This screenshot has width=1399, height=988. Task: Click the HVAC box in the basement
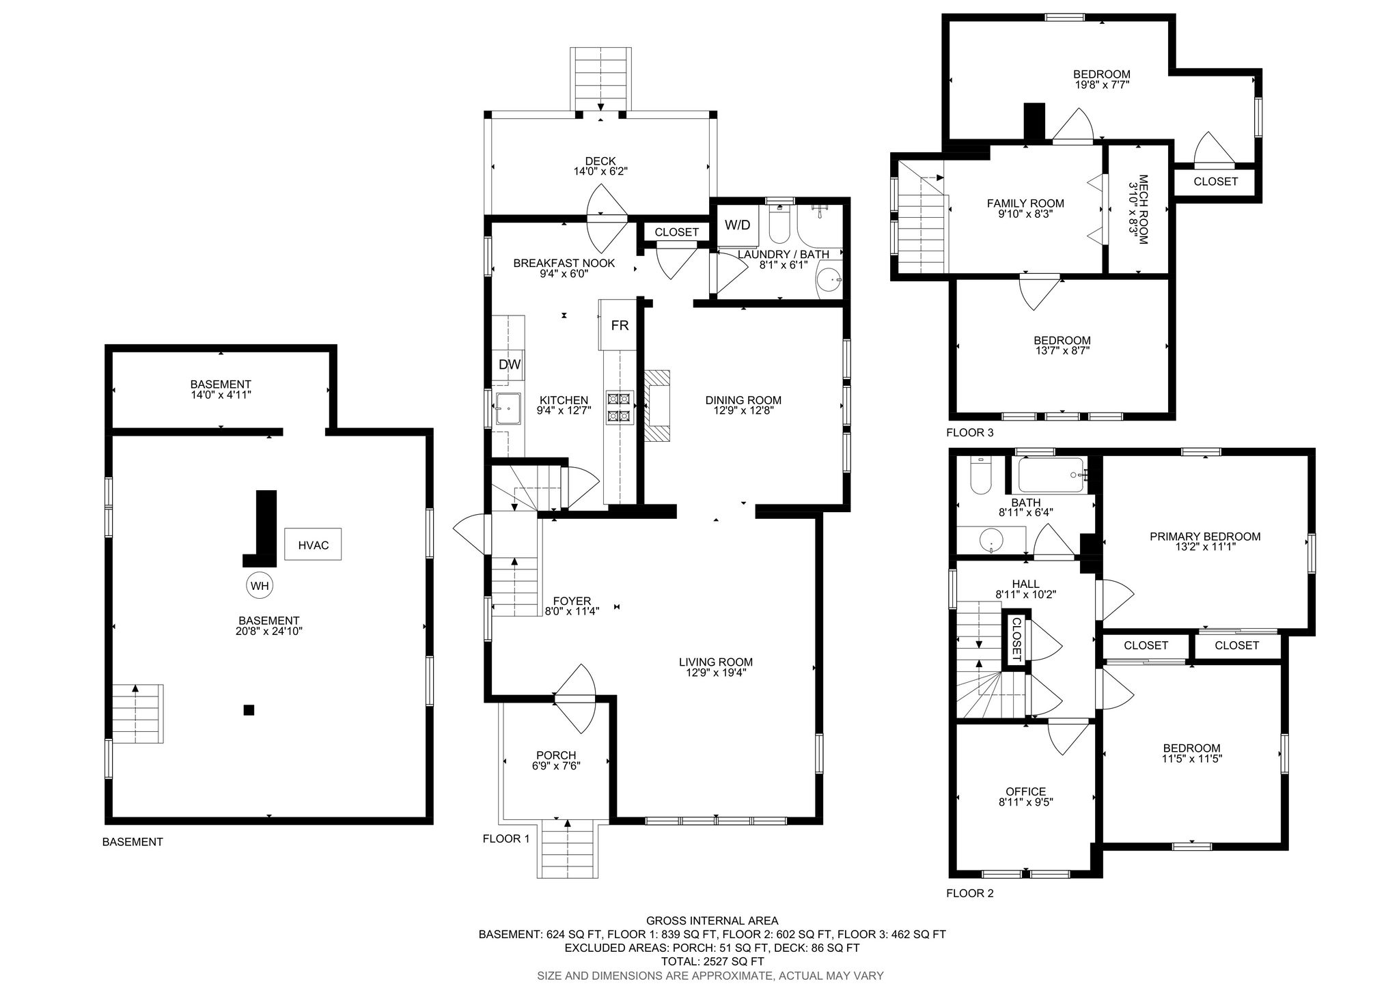click(313, 545)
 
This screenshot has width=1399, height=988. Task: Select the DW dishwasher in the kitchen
click(509, 365)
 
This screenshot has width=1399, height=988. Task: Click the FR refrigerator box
click(619, 325)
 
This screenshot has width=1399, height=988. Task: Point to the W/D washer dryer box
click(737, 225)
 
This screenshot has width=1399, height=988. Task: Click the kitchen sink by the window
click(508, 409)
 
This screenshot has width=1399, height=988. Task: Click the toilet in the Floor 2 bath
click(980, 476)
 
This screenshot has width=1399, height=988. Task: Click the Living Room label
click(716, 662)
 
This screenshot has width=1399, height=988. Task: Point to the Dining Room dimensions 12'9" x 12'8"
click(743, 411)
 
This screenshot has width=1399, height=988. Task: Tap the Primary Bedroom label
click(1205, 537)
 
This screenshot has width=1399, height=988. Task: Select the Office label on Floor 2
click(1025, 792)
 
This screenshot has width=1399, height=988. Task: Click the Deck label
click(600, 161)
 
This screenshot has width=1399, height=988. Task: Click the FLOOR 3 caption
click(969, 432)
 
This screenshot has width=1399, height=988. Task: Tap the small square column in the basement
click(249, 710)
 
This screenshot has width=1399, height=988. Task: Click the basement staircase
click(137, 713)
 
